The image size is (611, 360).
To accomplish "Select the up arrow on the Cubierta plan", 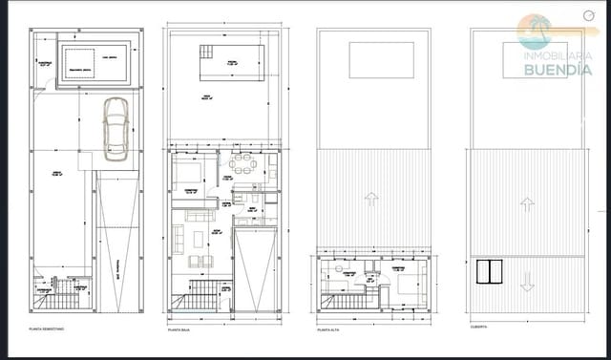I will [x=526, y=203].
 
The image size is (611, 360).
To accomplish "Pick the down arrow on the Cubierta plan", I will [x=526, y=284].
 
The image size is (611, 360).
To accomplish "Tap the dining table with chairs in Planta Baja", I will [x=242, y=165].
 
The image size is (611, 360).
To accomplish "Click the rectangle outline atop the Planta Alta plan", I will [x=381, y=60].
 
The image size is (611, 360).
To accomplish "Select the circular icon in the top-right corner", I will [x=586, y=14].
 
